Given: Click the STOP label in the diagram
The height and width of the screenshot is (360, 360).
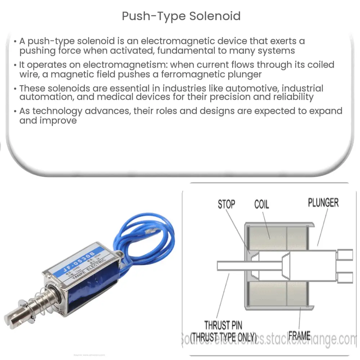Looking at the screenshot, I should [226, 204].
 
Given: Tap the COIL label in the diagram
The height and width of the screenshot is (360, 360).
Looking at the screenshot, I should [261, 204].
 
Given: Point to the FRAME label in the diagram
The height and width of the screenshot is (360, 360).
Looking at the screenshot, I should [300, 336].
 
